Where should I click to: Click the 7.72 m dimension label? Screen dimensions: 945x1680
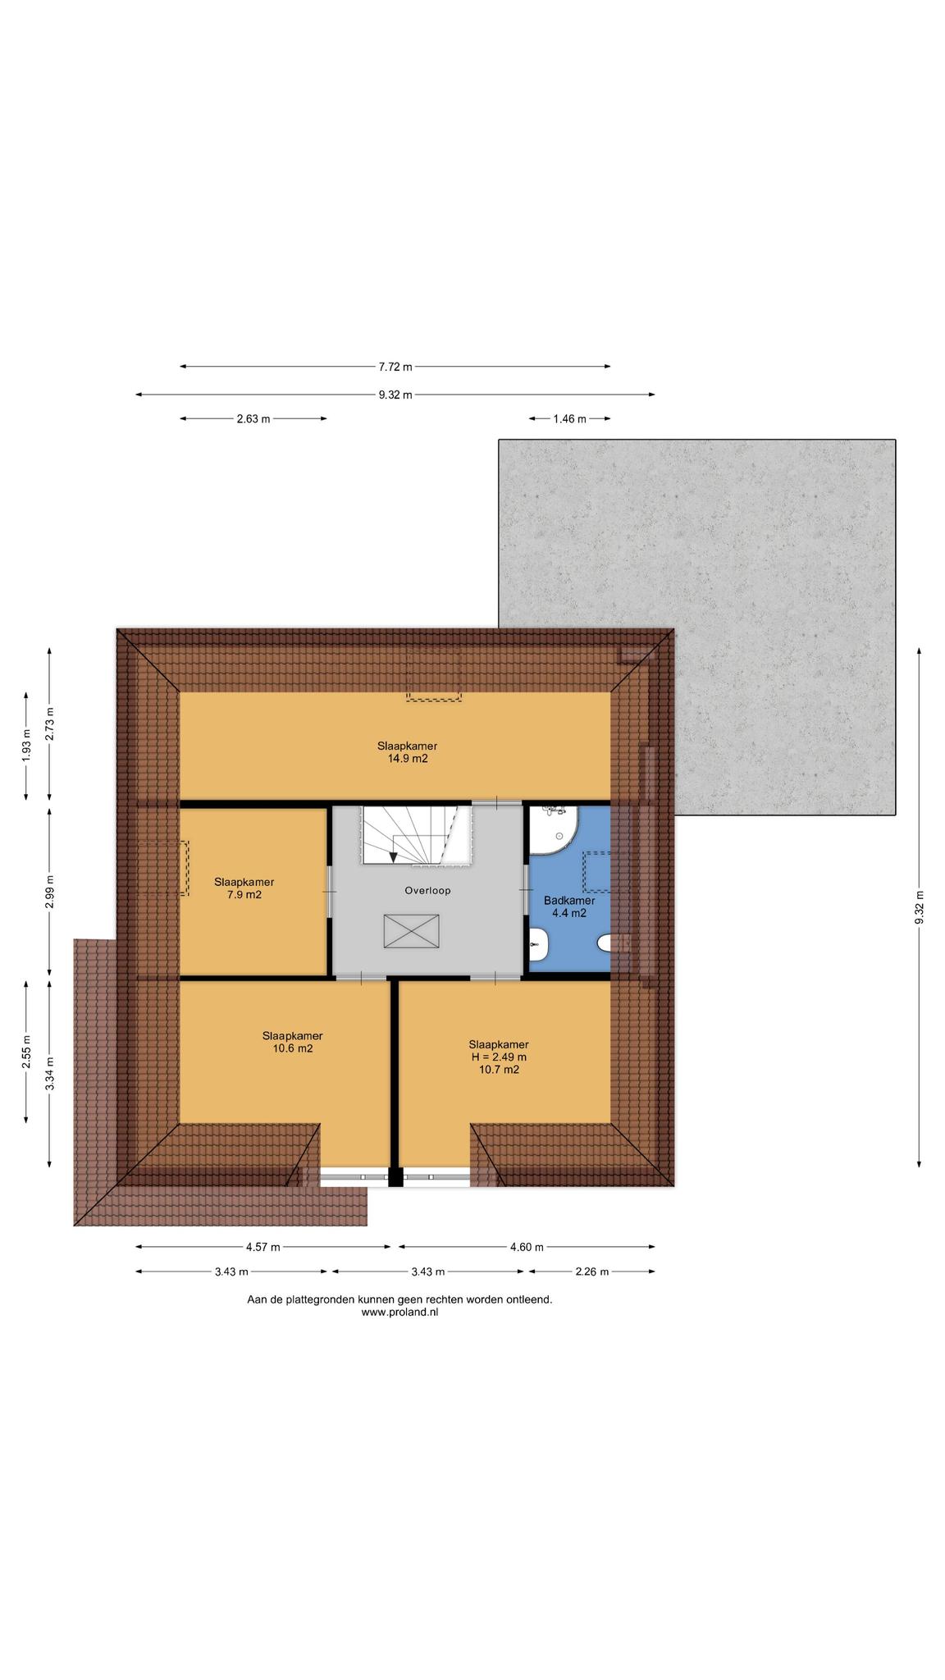point(395,367)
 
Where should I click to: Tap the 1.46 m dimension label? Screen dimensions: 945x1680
point(569,419)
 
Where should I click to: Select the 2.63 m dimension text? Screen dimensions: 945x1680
point(253,419)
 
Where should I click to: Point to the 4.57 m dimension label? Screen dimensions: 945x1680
point(263,1248)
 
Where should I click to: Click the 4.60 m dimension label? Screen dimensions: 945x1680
point(527,1248)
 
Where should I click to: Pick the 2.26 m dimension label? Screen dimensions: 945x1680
point(592,1272)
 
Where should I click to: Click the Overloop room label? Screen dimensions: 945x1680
point(427,890)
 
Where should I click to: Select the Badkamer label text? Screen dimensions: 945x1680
point(569,901)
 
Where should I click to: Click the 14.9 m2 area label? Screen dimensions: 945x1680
point(408,759)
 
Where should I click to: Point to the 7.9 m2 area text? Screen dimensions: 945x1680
point(244,895)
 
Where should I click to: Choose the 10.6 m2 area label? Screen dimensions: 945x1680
point(293,1048)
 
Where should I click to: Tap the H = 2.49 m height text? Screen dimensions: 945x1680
point(499,1057)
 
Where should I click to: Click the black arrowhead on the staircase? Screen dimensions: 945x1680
point(394,857)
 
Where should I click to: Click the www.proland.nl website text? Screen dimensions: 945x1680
point(400,1312)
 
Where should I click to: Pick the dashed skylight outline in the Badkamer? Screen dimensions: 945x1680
point(597,872)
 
